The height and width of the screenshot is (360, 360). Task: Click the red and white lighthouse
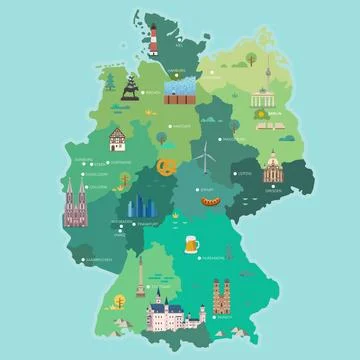click(155, 41)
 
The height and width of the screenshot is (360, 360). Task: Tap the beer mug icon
click(192, 243)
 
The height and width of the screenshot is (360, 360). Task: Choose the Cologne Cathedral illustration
click(74, 206)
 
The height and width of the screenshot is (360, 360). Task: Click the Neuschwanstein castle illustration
click(164, 315)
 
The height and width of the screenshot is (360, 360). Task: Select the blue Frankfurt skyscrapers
click(138, 209)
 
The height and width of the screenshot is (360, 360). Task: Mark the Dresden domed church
click(272, 168)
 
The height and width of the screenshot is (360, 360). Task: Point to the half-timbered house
click(119, 138)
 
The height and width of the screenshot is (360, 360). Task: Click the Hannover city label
click(181, 127)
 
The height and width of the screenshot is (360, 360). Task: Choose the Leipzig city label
click(242, 172)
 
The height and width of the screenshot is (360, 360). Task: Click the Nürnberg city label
click(213, 257)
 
